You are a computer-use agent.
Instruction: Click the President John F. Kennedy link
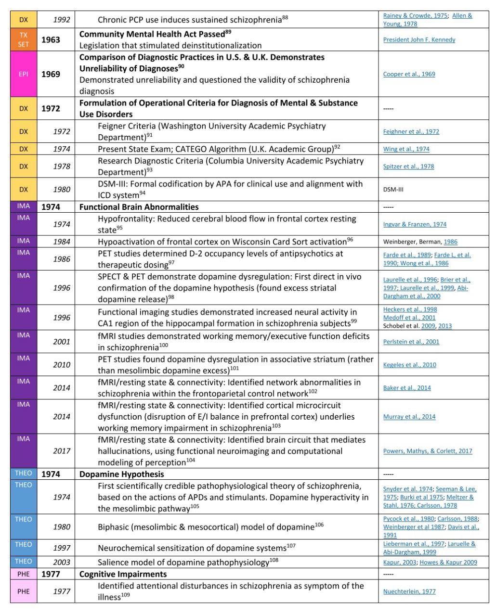tap(419, 39)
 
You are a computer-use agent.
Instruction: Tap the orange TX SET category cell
tap(24, 39)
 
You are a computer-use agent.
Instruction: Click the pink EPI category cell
tap(24, 74)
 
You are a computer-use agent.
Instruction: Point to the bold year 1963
tap(51, 39)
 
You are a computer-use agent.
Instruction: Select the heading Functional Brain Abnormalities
tap(139, 207)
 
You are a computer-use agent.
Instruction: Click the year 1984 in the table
tap(62, 242)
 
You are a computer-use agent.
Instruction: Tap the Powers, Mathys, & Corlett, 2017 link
tap(428, 451)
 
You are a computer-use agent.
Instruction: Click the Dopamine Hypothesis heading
tap(121, 474)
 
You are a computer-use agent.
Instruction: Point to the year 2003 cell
tap(62, 562)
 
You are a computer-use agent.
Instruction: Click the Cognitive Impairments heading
tap(123, 574)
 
